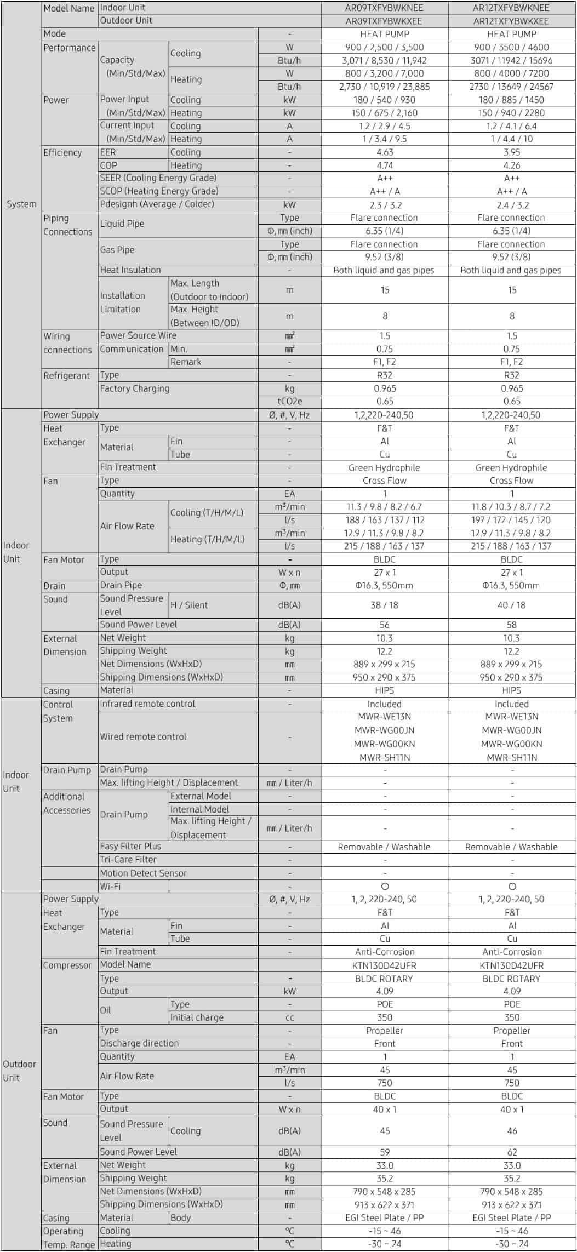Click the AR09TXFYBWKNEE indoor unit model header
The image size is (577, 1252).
pos(384,8)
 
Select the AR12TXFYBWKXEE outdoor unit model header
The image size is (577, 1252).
pos(511,21)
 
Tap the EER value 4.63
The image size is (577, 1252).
pos(384,152)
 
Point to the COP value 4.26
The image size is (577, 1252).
pos(511,165)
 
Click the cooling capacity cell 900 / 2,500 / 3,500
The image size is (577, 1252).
pos(384,47)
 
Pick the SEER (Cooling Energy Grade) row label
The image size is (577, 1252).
pos(158,178)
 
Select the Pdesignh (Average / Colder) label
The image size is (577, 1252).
pos(157,204)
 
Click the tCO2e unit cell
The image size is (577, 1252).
pos(289,402)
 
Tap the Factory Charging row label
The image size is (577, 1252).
pos(134,388)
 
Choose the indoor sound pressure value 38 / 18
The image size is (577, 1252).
pos(384,605)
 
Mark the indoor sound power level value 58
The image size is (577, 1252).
pos(511,625)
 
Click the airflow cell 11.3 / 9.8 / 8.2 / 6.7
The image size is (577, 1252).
pos(384,507)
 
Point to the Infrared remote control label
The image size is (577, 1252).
pos(147,704)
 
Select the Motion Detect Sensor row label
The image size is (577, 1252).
pos(143,873)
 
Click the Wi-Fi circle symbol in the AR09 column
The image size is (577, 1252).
pos(385,886)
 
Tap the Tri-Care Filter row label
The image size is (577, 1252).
pos(128,860)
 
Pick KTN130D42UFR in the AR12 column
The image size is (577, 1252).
pos(511,965)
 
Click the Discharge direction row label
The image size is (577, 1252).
pos(139,1043)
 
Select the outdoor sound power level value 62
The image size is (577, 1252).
pos(511,1152)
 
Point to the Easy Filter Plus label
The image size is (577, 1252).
pos(130,847)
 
